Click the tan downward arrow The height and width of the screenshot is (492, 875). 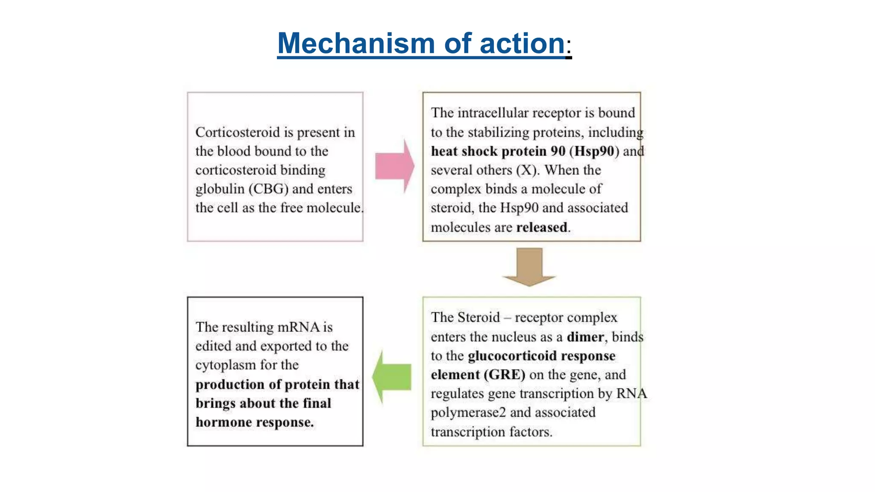[529, 267]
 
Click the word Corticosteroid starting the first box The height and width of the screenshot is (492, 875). [238, 132]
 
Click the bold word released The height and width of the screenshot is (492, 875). [542, 227]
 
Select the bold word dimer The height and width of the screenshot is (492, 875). [585, 337]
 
